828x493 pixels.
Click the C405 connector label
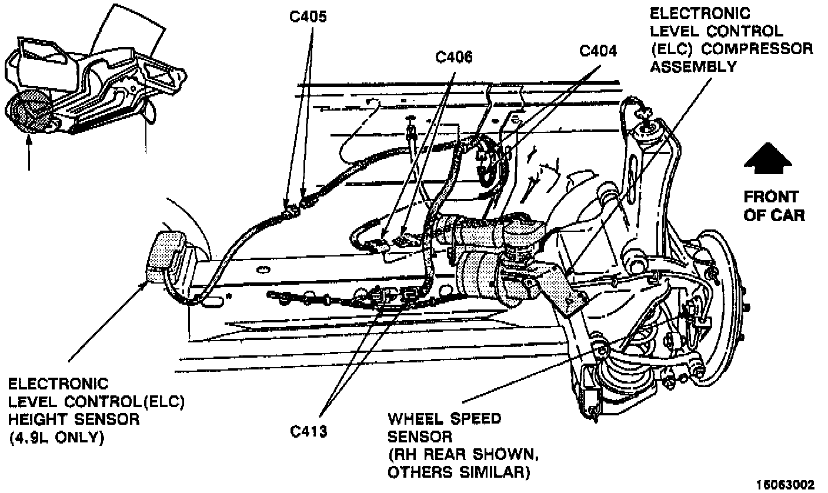308,17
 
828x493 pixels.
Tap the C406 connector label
454,57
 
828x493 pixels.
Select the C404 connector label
598,51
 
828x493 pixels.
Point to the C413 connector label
308,431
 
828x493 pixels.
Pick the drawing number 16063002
785,485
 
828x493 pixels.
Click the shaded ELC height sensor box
166,256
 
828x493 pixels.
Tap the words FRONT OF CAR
774,206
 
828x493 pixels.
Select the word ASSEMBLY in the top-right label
693,66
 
